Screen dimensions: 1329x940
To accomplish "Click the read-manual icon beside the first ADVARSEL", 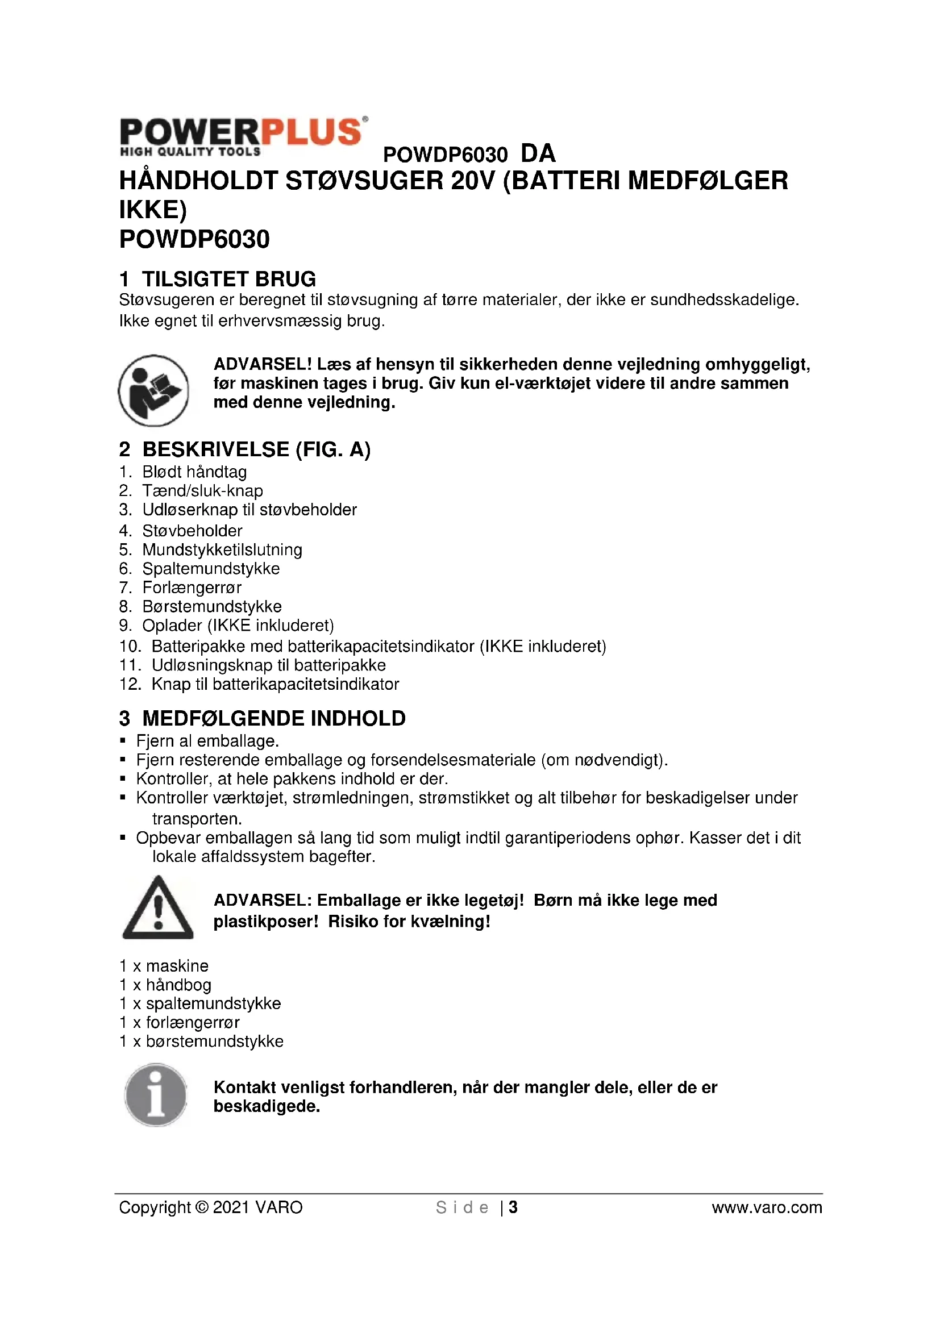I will point(153,390).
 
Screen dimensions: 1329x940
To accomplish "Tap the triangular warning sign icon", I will point(157,907).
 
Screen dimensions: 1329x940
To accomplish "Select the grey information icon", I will point(156,1094).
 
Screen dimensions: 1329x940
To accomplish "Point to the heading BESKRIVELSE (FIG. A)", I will point(245,449).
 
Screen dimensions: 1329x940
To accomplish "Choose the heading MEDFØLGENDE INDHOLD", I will point(262,718).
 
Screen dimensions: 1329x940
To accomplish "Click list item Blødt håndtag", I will point(194,472).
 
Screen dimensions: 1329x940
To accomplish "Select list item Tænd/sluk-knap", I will point(202,491).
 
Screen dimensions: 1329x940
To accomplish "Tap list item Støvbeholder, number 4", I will point(192,531).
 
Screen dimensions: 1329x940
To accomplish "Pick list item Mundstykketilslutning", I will point(222,550).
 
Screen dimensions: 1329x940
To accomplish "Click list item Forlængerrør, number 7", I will point(192,588).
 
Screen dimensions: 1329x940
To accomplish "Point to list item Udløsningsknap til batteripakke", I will point(269,665).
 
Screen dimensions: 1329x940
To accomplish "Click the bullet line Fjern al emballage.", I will point(207,741).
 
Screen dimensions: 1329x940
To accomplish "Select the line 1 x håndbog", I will point(165,985).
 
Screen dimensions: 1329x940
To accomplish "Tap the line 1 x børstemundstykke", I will point(201,1041).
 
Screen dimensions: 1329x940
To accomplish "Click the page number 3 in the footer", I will point(513,1207).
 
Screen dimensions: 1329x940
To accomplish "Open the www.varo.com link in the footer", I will point(766,1207).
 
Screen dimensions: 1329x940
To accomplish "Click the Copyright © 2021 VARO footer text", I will point(211,1207).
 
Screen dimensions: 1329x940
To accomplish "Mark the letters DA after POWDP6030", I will point(538,154).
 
